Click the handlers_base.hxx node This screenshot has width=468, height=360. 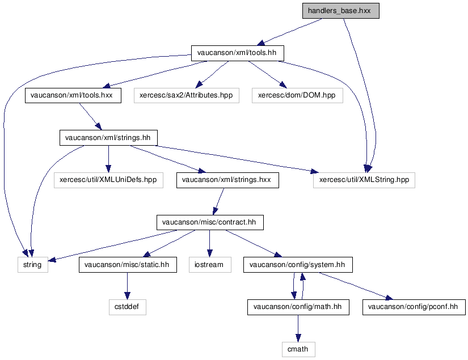click(340, 11)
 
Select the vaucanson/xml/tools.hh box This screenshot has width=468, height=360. click(237, 53)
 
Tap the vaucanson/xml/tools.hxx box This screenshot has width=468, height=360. click(69, 95)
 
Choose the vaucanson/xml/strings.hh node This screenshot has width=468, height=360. click(108, 137)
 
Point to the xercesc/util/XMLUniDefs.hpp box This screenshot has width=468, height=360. click(108, 180)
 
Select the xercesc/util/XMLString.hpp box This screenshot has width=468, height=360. click(364, 180)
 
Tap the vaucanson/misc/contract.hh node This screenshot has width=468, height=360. click(210, 222)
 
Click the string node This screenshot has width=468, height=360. click(32, 265)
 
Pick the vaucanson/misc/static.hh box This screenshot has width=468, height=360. click(127, 265)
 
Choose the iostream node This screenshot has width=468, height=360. click(210, 265)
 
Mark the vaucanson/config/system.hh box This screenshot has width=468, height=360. click(298, 265)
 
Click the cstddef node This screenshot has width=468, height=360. click(127, 307)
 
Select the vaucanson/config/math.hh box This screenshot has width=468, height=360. click(298, 307)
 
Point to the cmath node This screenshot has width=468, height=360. click(298, 349)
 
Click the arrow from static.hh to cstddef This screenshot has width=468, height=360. click(127, 286)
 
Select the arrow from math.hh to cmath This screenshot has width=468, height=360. click(298, 328)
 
